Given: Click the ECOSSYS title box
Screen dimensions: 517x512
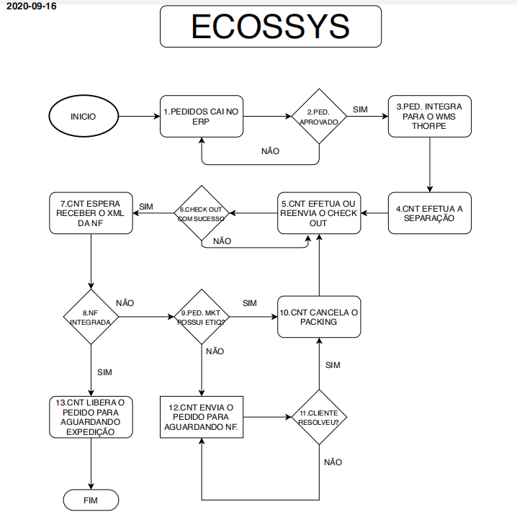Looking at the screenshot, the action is pyautogui.click(x=270, y=28).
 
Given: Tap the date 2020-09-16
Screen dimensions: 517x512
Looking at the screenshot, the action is pyautogui.click(x=30, y=6).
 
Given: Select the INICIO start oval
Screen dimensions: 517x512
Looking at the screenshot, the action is pyautogui.click(x=83, y=117).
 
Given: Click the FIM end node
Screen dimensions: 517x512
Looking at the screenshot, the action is pyautogui.click(x=91, y=499).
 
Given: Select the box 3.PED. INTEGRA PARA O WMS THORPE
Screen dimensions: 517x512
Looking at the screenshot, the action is pyautogui.click(x=430, y=116).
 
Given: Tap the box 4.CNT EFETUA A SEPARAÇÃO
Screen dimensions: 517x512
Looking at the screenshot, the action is pyautogui.click(x=430, y=212).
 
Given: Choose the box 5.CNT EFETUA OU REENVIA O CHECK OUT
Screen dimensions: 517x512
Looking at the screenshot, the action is pyautogui.click(x=319, y=213).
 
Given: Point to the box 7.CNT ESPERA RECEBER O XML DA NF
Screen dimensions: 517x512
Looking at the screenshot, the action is pyautogui.click(x=91, y=212).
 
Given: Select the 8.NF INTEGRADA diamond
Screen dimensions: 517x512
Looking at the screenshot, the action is pyautogui.click(x=91, y=318).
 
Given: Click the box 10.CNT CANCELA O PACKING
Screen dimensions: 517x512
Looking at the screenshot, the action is pyautogui.click(x=318, y=318).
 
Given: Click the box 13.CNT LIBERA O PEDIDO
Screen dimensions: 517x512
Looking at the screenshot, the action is pyautogui.click(x=91, y=416).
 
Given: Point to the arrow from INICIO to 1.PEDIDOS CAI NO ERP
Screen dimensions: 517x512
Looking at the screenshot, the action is pyautogui.click(x=138, y=117).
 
